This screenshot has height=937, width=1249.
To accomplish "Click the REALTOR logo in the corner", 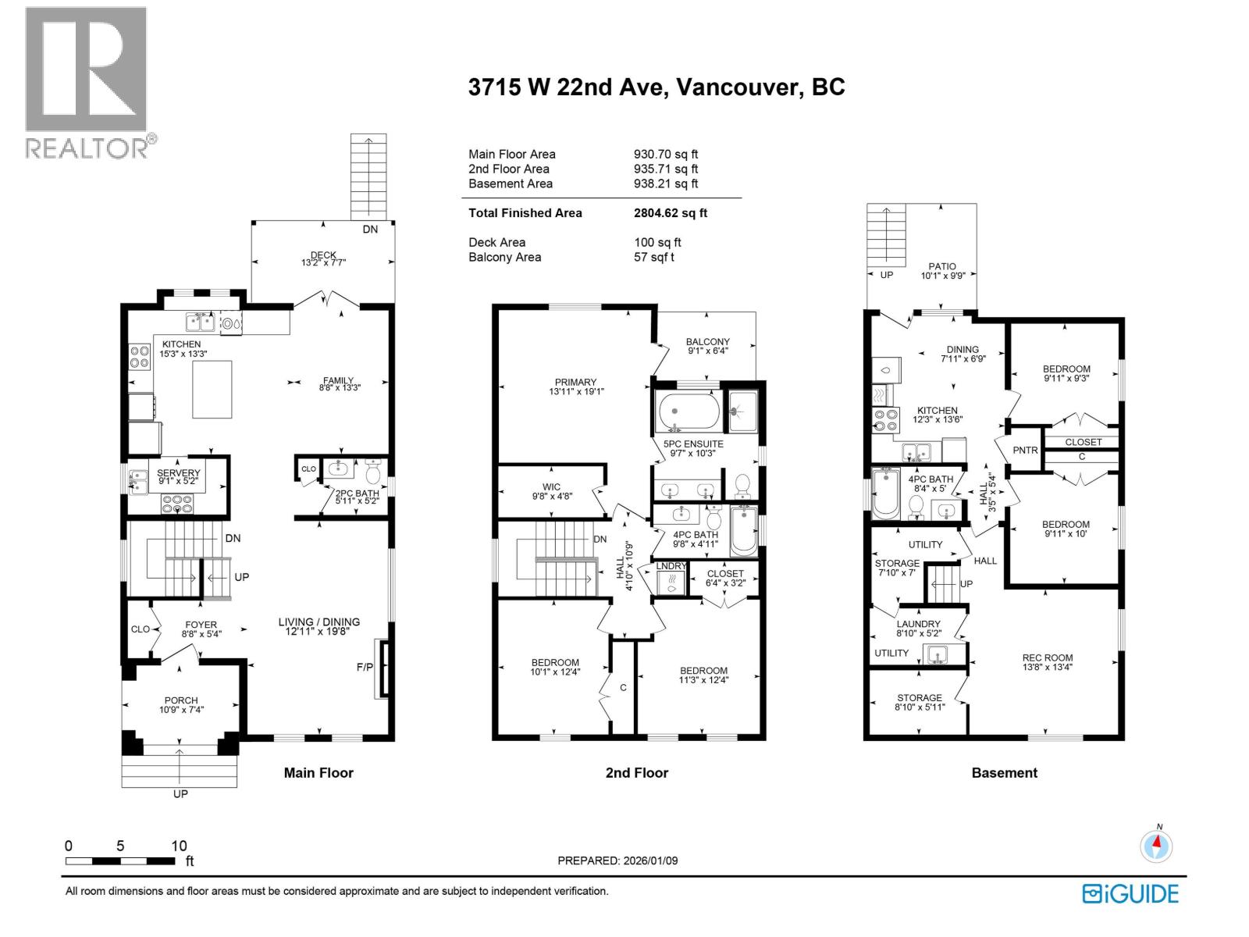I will pos(87,82).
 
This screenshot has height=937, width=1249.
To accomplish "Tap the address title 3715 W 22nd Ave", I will pos(656,87).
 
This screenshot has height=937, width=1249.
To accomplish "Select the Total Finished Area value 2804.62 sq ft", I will pos(670,212).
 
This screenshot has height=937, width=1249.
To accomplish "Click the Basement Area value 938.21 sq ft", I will pos(665,183).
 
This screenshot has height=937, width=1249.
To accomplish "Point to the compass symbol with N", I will pos(1156,846).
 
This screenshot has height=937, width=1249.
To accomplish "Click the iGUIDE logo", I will pos(1130,893).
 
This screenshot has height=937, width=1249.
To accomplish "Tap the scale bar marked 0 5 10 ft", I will pos(120,860).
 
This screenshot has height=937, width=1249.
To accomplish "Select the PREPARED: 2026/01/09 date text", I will pos(617,860).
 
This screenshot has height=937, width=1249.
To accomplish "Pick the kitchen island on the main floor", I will pos(212,390).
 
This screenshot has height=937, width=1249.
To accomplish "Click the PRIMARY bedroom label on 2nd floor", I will pos(576,382).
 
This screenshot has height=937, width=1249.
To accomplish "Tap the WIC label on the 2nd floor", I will pos(551,486).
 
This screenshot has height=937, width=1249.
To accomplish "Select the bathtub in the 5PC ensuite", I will pos(689,411).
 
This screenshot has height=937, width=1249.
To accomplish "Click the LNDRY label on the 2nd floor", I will pos(671,566).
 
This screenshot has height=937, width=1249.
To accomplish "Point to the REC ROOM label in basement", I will pos(1048,657).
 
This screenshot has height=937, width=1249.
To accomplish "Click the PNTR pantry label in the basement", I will pos(1025,450).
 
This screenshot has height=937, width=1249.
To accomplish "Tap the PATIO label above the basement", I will pos(942,266).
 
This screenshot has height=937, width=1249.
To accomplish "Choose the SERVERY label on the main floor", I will pos(179,473).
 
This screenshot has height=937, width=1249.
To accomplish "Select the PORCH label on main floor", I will pos(181,700).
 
